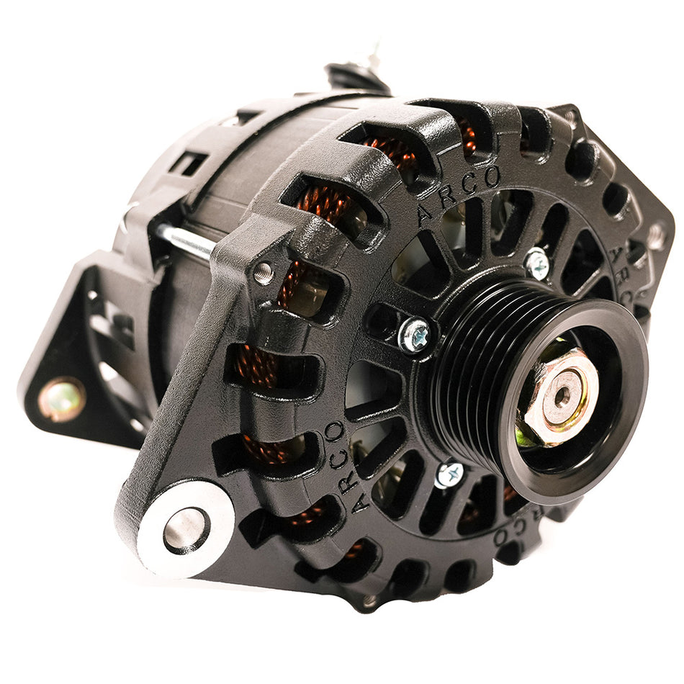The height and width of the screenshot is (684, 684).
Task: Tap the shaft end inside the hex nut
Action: [x=562, y=394]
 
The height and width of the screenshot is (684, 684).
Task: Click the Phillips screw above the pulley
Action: [x=536, y=264]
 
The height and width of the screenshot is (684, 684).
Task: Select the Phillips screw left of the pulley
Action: [x=415, y=335]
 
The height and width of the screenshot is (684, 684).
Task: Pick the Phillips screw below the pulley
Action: [x=449, y=474]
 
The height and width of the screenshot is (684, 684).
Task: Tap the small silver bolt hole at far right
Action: [x=656, y=235]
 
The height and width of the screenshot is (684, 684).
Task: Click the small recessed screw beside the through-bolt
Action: [x=264, y=273]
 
